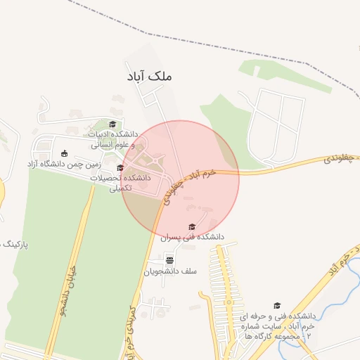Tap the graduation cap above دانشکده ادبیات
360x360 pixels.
[112, 124]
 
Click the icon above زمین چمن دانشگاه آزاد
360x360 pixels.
[65, 153]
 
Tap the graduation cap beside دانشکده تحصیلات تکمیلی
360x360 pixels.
[120, 167]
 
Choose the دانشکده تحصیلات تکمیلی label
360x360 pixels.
[121, 183]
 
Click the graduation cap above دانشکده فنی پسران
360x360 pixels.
[192, 226]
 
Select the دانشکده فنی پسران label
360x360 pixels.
[192, 237]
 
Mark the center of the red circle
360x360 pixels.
[181, 179]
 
